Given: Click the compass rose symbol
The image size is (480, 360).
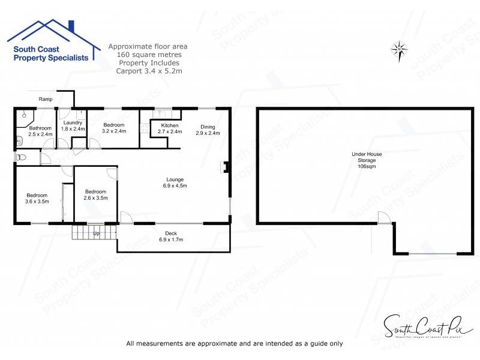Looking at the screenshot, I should (x=399, y=48).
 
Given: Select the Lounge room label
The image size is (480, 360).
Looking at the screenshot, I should (x=175, y=182).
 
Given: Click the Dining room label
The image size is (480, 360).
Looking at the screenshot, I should (x=208, y=130).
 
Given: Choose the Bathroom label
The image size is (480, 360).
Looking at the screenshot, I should (x=41, y=131).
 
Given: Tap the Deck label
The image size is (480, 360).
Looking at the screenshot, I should (x=170, y=236).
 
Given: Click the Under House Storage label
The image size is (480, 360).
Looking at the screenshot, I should (x=367, y=160).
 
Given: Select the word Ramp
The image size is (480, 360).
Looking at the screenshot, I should (x=45, y=99).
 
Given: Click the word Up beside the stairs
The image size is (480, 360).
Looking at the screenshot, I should (x=95, y=233).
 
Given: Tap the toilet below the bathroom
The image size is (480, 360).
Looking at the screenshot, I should (x=21, y=157).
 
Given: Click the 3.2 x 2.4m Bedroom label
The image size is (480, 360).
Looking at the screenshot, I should (x=113, y=128).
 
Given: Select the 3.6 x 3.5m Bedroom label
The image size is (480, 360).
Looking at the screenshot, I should (x=37, y=198).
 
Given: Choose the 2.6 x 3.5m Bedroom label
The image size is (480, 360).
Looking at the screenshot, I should (x=95, y=194).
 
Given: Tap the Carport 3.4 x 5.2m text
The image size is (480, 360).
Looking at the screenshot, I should (x=149, y=71).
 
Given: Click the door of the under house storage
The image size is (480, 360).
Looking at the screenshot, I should (x=385, y=217).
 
